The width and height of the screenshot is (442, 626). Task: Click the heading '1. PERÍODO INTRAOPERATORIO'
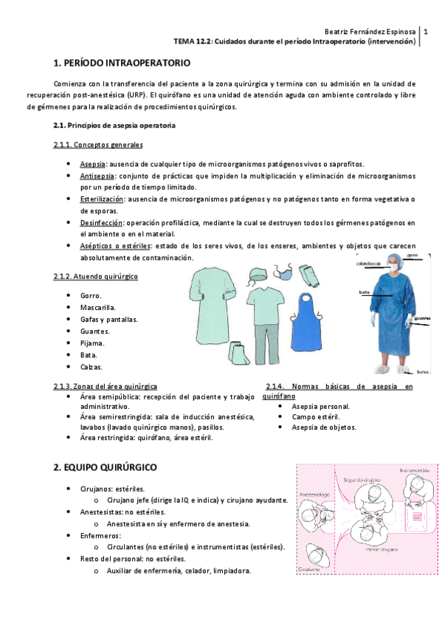[x=122, y=63]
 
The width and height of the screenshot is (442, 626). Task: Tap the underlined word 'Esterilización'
[x=102, y=199]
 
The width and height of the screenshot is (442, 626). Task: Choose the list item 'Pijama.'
[x=92, y=343]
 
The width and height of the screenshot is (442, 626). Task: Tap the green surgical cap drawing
[x=256, y=275]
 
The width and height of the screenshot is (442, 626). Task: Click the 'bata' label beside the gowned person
[x=364, y=292]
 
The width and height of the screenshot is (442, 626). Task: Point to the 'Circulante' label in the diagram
[x=311, y=569]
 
